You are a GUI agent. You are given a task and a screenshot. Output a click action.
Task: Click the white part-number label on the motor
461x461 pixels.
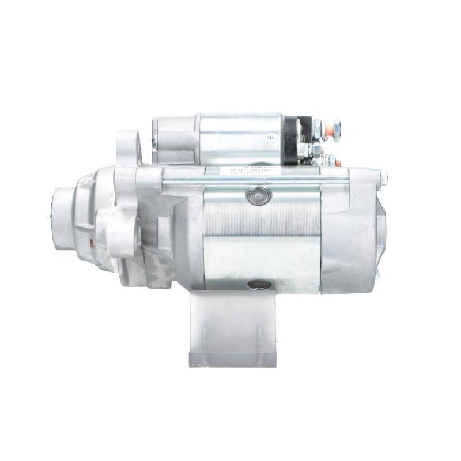[250, 171]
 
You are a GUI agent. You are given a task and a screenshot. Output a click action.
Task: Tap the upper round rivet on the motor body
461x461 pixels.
[259, 196]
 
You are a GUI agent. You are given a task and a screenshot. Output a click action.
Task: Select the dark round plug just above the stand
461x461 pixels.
[259, 285]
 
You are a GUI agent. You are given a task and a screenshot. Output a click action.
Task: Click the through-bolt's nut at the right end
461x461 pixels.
[383, 179]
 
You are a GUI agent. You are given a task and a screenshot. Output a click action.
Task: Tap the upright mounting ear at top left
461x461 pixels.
[127, 148]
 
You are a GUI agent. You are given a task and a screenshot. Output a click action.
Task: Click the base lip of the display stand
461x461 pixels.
[232, 361]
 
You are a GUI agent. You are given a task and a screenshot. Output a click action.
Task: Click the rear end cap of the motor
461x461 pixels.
[352, 231]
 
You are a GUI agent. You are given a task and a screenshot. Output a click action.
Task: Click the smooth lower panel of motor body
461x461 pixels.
[262, 262]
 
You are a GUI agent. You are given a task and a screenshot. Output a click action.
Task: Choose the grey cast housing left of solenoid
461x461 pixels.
[173, 138]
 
